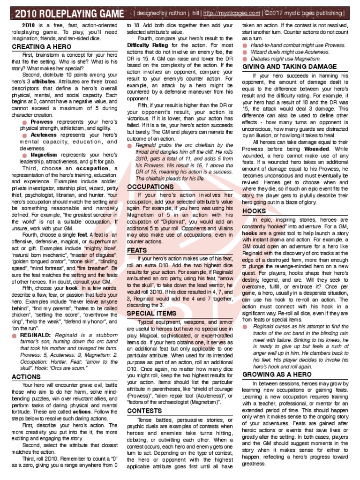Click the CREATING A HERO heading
coord(42,47)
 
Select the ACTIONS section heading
coord(26,376)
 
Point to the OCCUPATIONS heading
coord(150,187)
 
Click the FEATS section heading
coord(137,250)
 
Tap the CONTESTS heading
coord(144,411)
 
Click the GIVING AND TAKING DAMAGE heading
coord(289,67)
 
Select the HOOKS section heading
coord(254,211)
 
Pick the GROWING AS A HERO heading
coord(276,374)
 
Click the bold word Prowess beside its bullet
coord(41,121)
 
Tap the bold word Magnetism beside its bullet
coord(44,154)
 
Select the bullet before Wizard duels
coord(246,52)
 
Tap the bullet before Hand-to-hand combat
coord(246,45)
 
